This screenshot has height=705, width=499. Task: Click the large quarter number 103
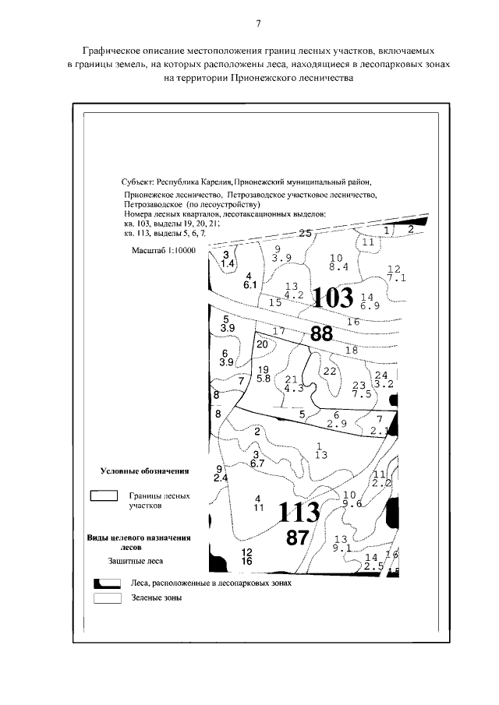point(333,297)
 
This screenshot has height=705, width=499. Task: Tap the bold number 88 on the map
point(321,334)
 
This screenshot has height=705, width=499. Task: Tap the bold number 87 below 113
point(303,538)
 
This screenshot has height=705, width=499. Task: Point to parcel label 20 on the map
point(262,344)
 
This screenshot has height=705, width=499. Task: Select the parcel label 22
point(329,371)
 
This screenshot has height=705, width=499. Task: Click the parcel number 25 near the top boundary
point(305,233)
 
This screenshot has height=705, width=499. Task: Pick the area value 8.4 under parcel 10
point(338,267)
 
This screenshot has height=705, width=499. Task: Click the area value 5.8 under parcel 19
point(263,379)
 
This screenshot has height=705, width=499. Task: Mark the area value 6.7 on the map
point(257,464)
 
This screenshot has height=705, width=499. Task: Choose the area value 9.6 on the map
point(352,503)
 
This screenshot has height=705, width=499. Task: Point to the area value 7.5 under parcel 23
point(359,394)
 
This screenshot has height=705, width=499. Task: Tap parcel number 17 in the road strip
point(279,330)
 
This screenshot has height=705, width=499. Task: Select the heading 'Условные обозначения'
point(145,472)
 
